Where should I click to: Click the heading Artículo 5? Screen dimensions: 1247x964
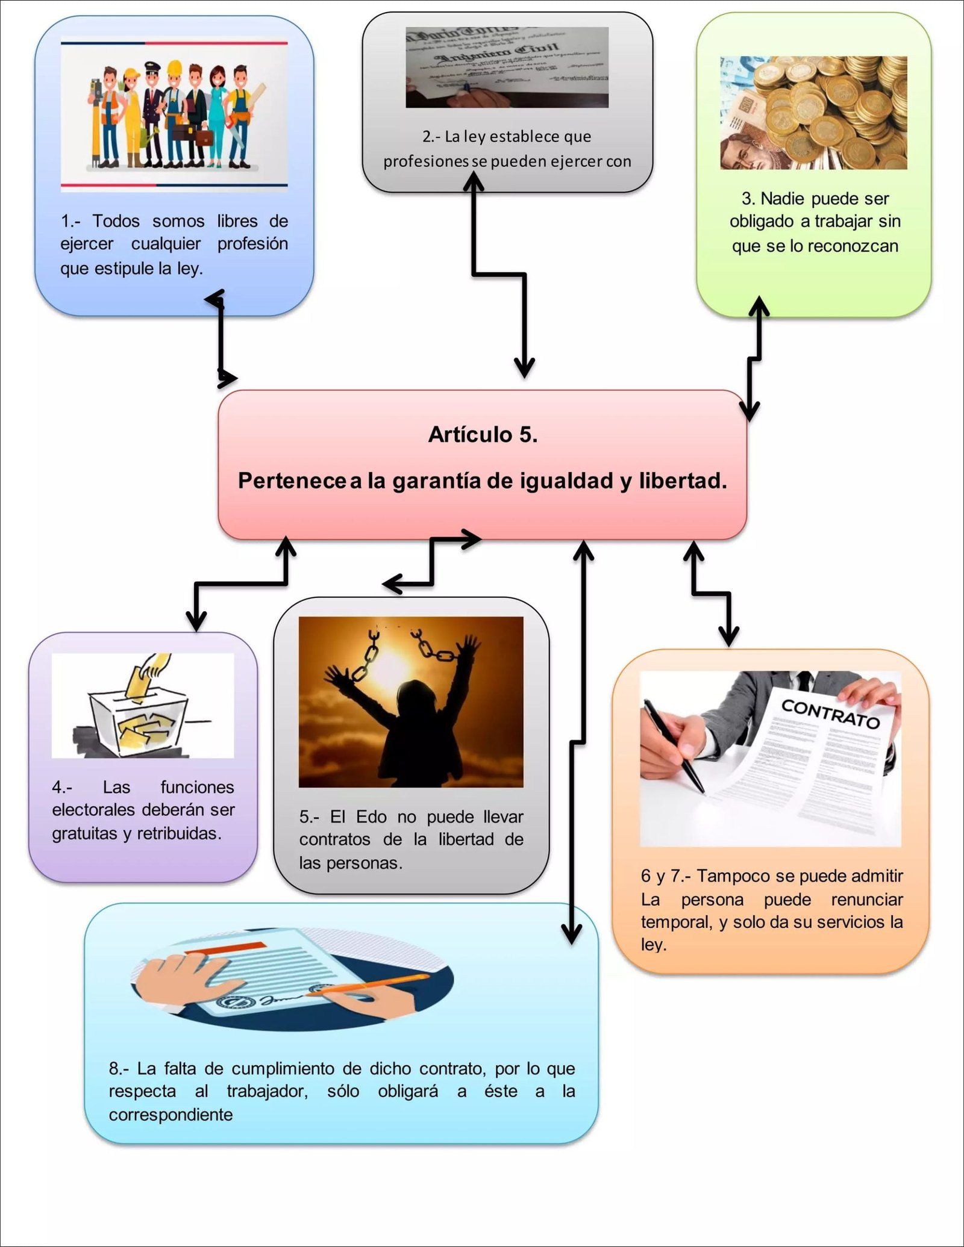point(483,434)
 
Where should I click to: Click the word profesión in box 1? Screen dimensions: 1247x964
point(252,244)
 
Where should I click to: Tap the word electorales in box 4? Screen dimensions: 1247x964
point(93,810)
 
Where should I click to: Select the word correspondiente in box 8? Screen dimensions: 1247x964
point(171,1115)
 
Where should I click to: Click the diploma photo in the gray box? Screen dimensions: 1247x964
point(507,67)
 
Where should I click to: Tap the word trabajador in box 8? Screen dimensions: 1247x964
point(267,1091)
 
